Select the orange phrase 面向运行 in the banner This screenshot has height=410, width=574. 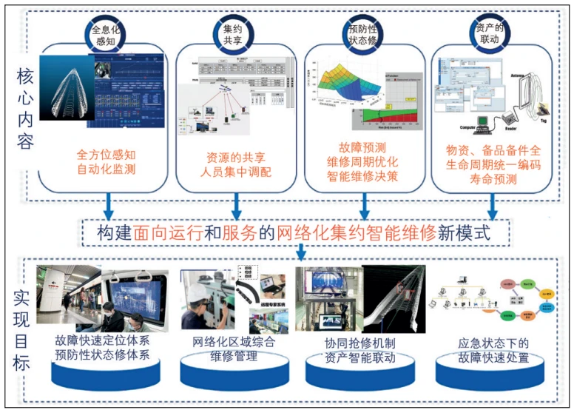(168, 232)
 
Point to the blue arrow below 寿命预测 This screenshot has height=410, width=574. (491, 204)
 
